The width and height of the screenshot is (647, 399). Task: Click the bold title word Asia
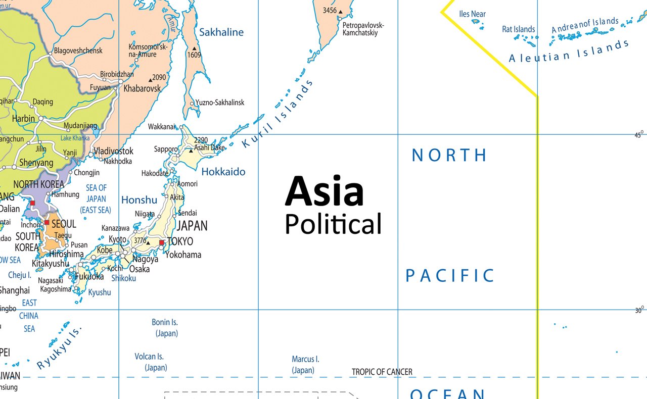[324, 192]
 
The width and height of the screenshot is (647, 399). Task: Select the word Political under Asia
[333, 224]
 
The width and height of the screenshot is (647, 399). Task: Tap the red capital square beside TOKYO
[162, 243]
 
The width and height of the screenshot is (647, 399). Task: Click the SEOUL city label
[64, 223]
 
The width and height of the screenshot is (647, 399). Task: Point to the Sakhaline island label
[221, 32]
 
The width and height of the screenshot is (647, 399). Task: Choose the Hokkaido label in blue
[223, 172]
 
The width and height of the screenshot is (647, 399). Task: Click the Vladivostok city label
[114, 151]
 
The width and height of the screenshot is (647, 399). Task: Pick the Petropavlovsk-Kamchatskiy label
[363, 29]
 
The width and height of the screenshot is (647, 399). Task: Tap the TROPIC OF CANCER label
[382, 372]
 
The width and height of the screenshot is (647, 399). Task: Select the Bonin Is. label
[165, 322]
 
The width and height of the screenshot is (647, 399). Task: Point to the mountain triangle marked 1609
[194, 48]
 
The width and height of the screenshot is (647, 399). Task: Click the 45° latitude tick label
[639, 134]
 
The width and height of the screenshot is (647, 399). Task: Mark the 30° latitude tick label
[639, 310]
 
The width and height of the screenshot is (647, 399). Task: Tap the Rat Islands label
[518, 29]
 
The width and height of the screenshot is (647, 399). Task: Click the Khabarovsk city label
[143, 88]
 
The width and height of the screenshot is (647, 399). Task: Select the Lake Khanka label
[75, 138]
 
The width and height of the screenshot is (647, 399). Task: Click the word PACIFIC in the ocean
[450, 276]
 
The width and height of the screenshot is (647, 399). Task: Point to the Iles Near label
[472, 14]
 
